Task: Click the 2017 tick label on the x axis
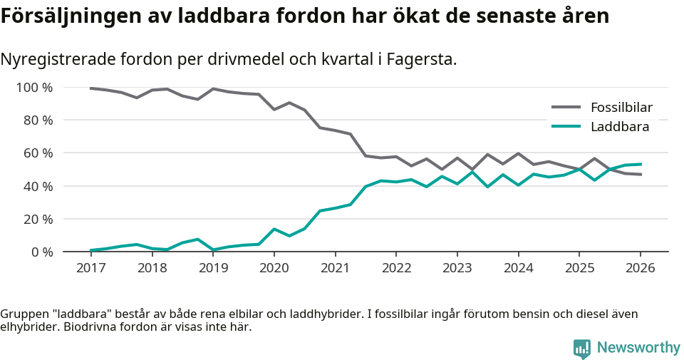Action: [x=90, y=268]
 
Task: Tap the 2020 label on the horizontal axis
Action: [x=274, y=268]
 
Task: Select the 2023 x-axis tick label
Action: [x=457, y=268]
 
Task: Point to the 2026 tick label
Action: [x=640, y=268]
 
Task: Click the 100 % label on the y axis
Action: [x=34, y=88]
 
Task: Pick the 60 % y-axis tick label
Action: [x=38, y=153]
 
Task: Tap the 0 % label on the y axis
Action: [x=41, y=252]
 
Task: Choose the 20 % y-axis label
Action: [x=38, y=219]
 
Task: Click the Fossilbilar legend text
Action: [x=621, y=108]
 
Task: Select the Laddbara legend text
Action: [x=619, y=127]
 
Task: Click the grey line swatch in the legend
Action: [x=566, y=108]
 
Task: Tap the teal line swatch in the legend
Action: [x=566, y=127]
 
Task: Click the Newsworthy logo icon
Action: [x=581, y=348]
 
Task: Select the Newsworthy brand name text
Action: [x=638, y=348]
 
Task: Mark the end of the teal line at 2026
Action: [x=641, y=164]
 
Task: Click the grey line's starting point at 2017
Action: [x=90, y=88]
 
